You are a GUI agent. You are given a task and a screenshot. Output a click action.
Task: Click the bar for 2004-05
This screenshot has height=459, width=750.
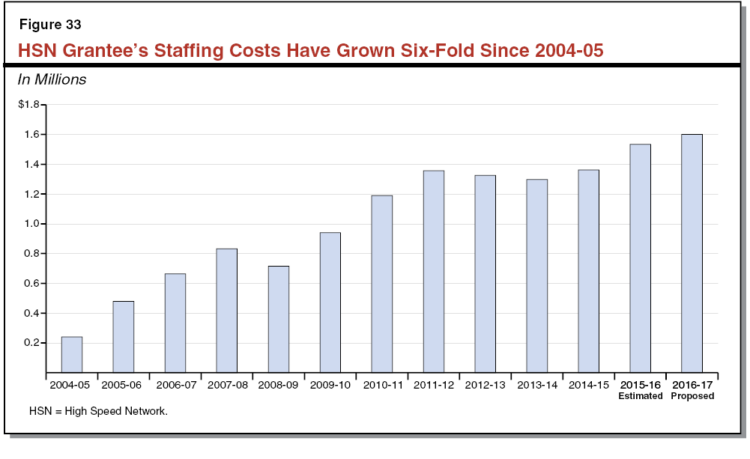(x=72, y=354)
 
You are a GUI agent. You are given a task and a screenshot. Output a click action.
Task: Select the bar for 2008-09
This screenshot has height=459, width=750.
(x=279, y=319)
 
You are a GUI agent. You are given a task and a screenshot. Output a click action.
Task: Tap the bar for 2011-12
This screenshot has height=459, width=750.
(x=434, y=271)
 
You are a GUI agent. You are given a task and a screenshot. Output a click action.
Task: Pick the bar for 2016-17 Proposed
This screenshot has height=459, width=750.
(x=692, y=253)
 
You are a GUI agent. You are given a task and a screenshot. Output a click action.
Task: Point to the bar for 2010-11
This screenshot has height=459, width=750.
(x=382, y=284)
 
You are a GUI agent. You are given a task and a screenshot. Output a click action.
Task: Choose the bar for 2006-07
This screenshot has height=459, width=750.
(x=175, y=323)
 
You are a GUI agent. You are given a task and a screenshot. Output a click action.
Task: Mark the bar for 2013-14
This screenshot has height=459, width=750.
(x=537, y=276)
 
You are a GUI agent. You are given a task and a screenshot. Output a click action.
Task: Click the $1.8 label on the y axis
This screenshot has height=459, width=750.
(x=28, y=105)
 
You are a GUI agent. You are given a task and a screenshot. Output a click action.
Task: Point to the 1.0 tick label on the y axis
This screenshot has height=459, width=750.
(x=31, y=224)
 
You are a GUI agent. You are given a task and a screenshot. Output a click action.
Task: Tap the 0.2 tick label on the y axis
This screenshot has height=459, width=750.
(x=31, y=343)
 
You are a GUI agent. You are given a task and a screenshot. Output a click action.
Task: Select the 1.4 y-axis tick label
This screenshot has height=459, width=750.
(x=31, y=164)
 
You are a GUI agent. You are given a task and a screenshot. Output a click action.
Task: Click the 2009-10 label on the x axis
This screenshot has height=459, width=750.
(x=330, y=385)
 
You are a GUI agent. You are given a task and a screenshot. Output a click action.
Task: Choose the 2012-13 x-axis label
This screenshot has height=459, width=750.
(x=486, y=385)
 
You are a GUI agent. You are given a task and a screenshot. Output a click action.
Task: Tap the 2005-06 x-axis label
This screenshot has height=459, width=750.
(x=124, y=385)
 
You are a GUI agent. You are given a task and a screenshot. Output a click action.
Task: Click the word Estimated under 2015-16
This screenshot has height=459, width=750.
(x=640, y=396)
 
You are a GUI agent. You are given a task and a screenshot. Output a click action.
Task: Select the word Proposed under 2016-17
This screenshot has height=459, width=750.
(x=692, y=396)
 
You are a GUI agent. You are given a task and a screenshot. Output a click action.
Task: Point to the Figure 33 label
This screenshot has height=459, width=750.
(x=50, y=25)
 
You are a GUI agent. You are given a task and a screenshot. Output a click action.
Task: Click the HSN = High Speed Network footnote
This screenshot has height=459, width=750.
(x=98, y=411)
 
